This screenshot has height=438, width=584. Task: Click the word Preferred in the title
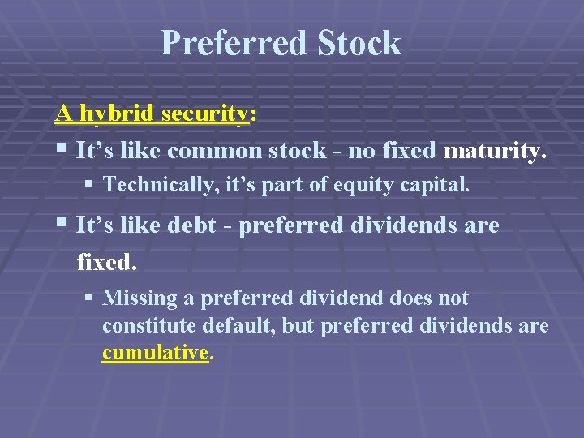click(230, 43)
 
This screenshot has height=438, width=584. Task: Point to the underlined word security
click(206, 114)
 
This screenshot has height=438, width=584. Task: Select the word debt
click(187, 225)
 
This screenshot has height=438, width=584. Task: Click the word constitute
click(145, 326)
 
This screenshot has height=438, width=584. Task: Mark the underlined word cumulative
click(155, 354)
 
